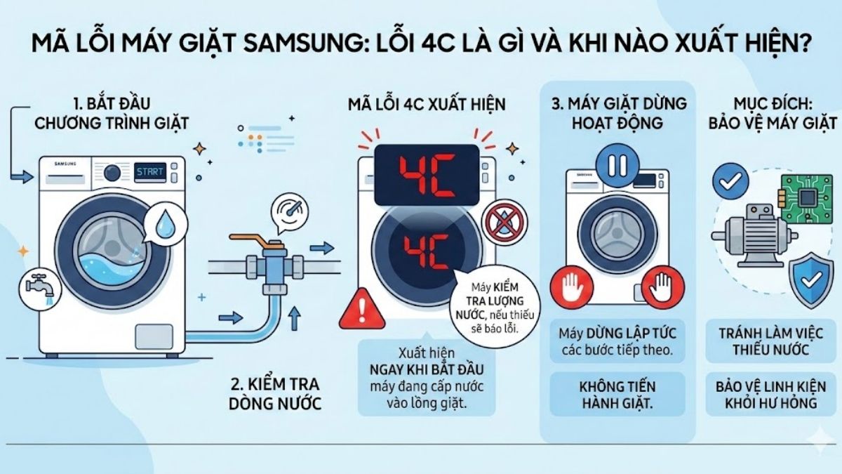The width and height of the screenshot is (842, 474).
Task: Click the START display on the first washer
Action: [x=152, y=172]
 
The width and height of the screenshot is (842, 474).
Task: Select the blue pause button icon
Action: [x=615, y=166]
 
